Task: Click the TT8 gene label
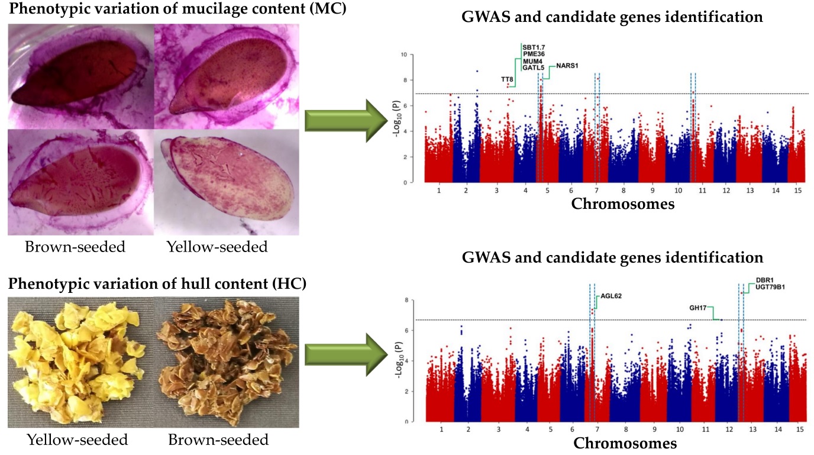coord(507,79)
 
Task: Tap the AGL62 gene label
coord(611,296)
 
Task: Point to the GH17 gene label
coord(699,308)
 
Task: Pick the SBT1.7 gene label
coord(534,47)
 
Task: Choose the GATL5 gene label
coord(534,68)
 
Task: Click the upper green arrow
coord(343,120)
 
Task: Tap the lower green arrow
coord(343,354)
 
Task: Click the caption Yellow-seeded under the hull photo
coord(77,440)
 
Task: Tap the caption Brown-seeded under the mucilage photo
coord(75,247)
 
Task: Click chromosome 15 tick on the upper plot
coord(799,191)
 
